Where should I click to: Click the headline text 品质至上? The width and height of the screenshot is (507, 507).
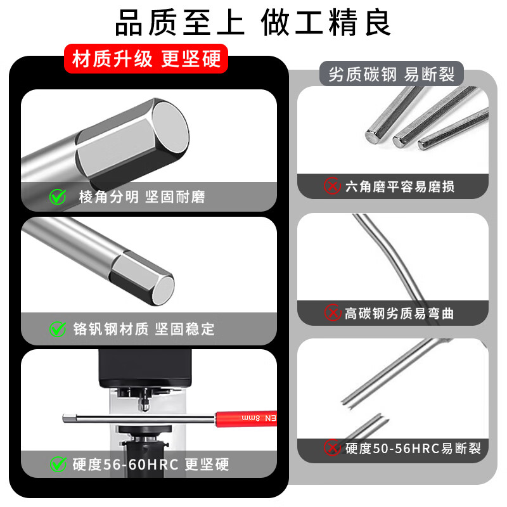179,23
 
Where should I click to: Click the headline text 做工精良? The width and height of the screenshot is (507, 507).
326,23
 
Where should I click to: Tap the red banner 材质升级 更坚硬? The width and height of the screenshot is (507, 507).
146,60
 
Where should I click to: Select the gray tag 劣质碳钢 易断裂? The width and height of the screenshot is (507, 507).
391,75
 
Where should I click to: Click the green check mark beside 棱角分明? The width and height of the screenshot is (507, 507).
58,197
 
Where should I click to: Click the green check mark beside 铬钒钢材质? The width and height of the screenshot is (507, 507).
58,329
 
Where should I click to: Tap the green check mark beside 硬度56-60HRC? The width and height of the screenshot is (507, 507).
58,465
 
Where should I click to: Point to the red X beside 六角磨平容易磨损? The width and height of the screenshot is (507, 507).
332,186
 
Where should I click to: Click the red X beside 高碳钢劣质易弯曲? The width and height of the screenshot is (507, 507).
332,313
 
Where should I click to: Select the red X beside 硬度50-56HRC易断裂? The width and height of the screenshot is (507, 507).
332,448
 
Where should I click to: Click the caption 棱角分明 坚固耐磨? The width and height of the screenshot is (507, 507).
142,197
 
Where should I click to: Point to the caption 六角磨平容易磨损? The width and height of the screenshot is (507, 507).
399,186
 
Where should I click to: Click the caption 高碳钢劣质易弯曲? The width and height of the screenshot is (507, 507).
399,313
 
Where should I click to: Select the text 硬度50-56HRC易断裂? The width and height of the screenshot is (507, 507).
413,448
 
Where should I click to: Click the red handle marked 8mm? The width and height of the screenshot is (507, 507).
247,417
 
